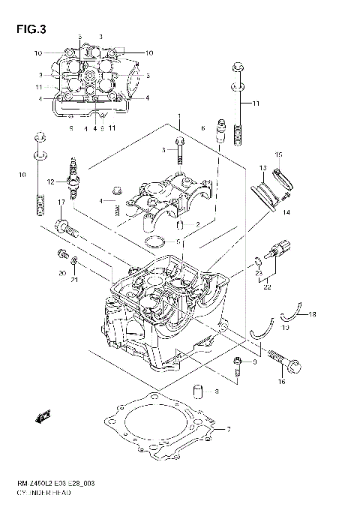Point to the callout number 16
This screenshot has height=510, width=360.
[283, 382]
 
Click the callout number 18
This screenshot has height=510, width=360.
[312, 314]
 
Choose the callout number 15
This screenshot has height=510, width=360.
[277, 155]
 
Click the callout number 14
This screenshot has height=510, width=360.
[286, 213]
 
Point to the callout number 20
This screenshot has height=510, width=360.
[62, 273]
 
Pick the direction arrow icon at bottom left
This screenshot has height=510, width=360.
[43, 415]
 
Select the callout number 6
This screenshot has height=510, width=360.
[202, 129]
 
